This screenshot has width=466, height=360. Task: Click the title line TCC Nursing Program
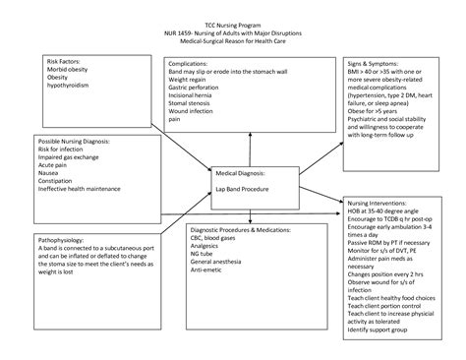[232, 21]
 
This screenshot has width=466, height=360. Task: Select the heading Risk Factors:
[67, 61]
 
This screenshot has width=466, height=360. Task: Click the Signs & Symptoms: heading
[371, 61]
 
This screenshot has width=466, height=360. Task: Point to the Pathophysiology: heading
[61, 239]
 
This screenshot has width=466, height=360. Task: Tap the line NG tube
[177, 255]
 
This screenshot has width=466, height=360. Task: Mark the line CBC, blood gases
[193, 238]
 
